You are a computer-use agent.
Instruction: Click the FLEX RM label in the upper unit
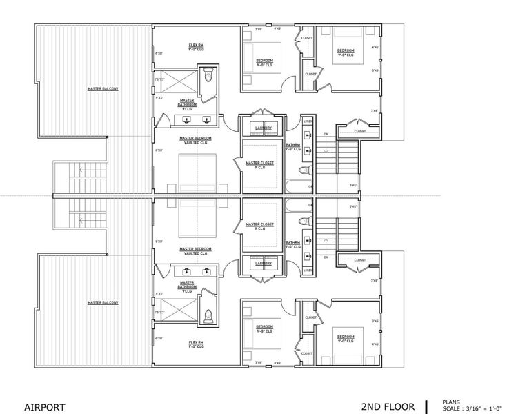196,46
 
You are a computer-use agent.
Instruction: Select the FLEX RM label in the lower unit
196,342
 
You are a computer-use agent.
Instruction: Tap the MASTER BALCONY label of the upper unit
103,89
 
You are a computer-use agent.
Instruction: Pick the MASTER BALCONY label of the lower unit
103,302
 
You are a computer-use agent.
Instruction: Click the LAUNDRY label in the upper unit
263,128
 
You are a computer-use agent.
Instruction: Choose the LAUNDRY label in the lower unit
263,263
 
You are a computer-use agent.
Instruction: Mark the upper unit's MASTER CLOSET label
260,164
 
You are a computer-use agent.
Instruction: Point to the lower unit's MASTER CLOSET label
260,225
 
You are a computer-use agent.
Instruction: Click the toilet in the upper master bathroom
208,77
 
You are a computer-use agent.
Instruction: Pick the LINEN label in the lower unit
307,270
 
